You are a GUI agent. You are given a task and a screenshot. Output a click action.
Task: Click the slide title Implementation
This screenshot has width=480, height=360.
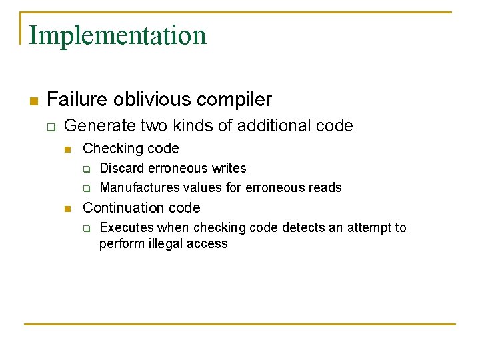pyautogui.click(x=118, y=35)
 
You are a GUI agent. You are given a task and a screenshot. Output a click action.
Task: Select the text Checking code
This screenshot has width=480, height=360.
pyautogui.click(x=131, y=149)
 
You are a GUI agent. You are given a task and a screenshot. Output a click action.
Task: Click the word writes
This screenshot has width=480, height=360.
pyautogui.click(x=228, y=168)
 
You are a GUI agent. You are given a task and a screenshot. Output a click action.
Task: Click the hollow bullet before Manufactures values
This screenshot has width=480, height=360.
pyautogui.click(x=86, y=188)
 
